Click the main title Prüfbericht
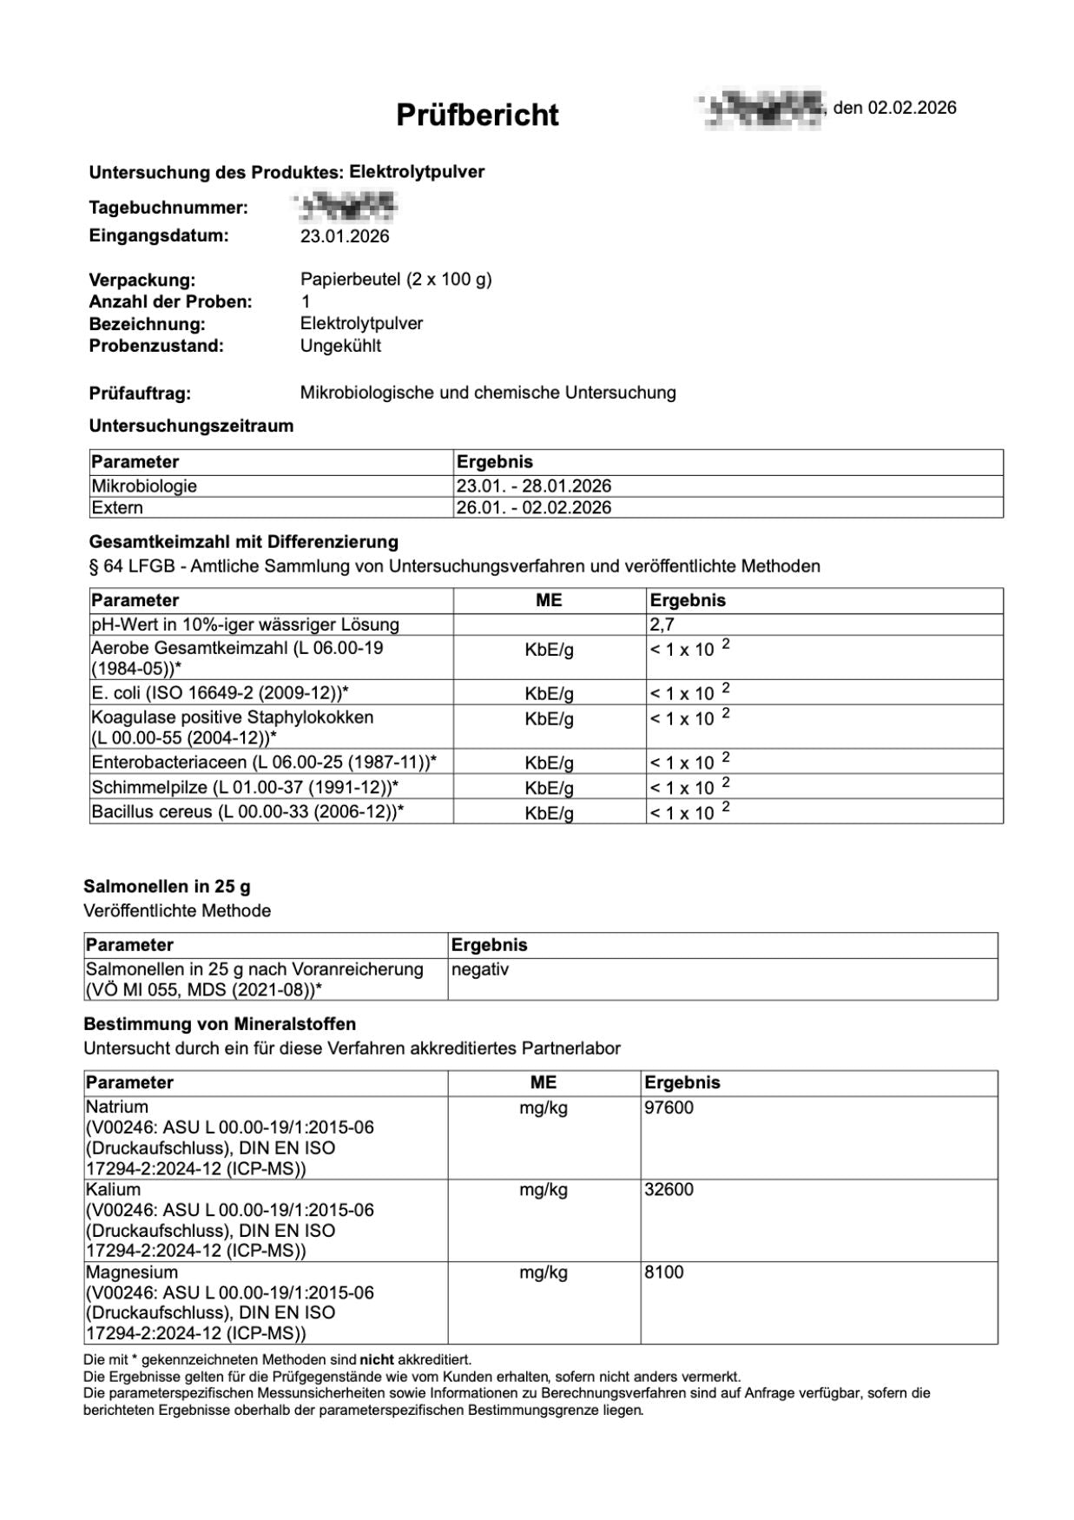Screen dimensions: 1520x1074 (478, 115)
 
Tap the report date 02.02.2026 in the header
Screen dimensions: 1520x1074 (912, 108)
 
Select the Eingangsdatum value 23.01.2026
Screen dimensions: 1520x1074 (345, 236)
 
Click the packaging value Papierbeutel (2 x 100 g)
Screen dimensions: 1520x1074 (396, 280)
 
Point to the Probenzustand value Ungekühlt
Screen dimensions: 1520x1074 (340, 346)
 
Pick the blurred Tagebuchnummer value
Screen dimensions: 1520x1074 (346, 206)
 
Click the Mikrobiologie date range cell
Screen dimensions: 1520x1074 (533, 486)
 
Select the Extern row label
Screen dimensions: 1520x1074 (117, 508)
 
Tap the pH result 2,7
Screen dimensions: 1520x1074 (662, 625)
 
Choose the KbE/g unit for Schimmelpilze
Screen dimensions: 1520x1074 (549, 788)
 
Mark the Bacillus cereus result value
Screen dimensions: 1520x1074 (689, 812)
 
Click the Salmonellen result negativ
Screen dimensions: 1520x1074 (480, 969)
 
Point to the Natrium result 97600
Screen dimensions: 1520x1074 (669, 1107)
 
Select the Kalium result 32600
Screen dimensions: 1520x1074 (669, 1190)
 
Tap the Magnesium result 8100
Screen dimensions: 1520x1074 (664, 1272)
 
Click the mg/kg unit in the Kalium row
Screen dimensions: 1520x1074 (544, 1190)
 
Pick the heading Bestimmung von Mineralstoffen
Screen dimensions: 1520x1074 (220, 1024)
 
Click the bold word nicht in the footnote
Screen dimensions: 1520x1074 (377, 1359)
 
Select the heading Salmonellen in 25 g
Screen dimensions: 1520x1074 (167, 887)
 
